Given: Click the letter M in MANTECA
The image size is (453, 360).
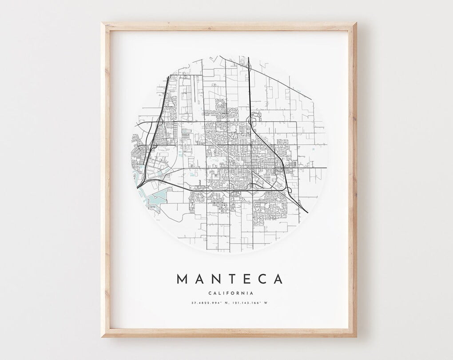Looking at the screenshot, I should coord(183,279).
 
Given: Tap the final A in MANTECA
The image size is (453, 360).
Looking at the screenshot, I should coord(278,279).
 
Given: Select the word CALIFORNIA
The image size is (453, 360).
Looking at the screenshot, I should coord(230,293).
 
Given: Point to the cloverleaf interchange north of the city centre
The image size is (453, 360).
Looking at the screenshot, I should coord(253,120).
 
